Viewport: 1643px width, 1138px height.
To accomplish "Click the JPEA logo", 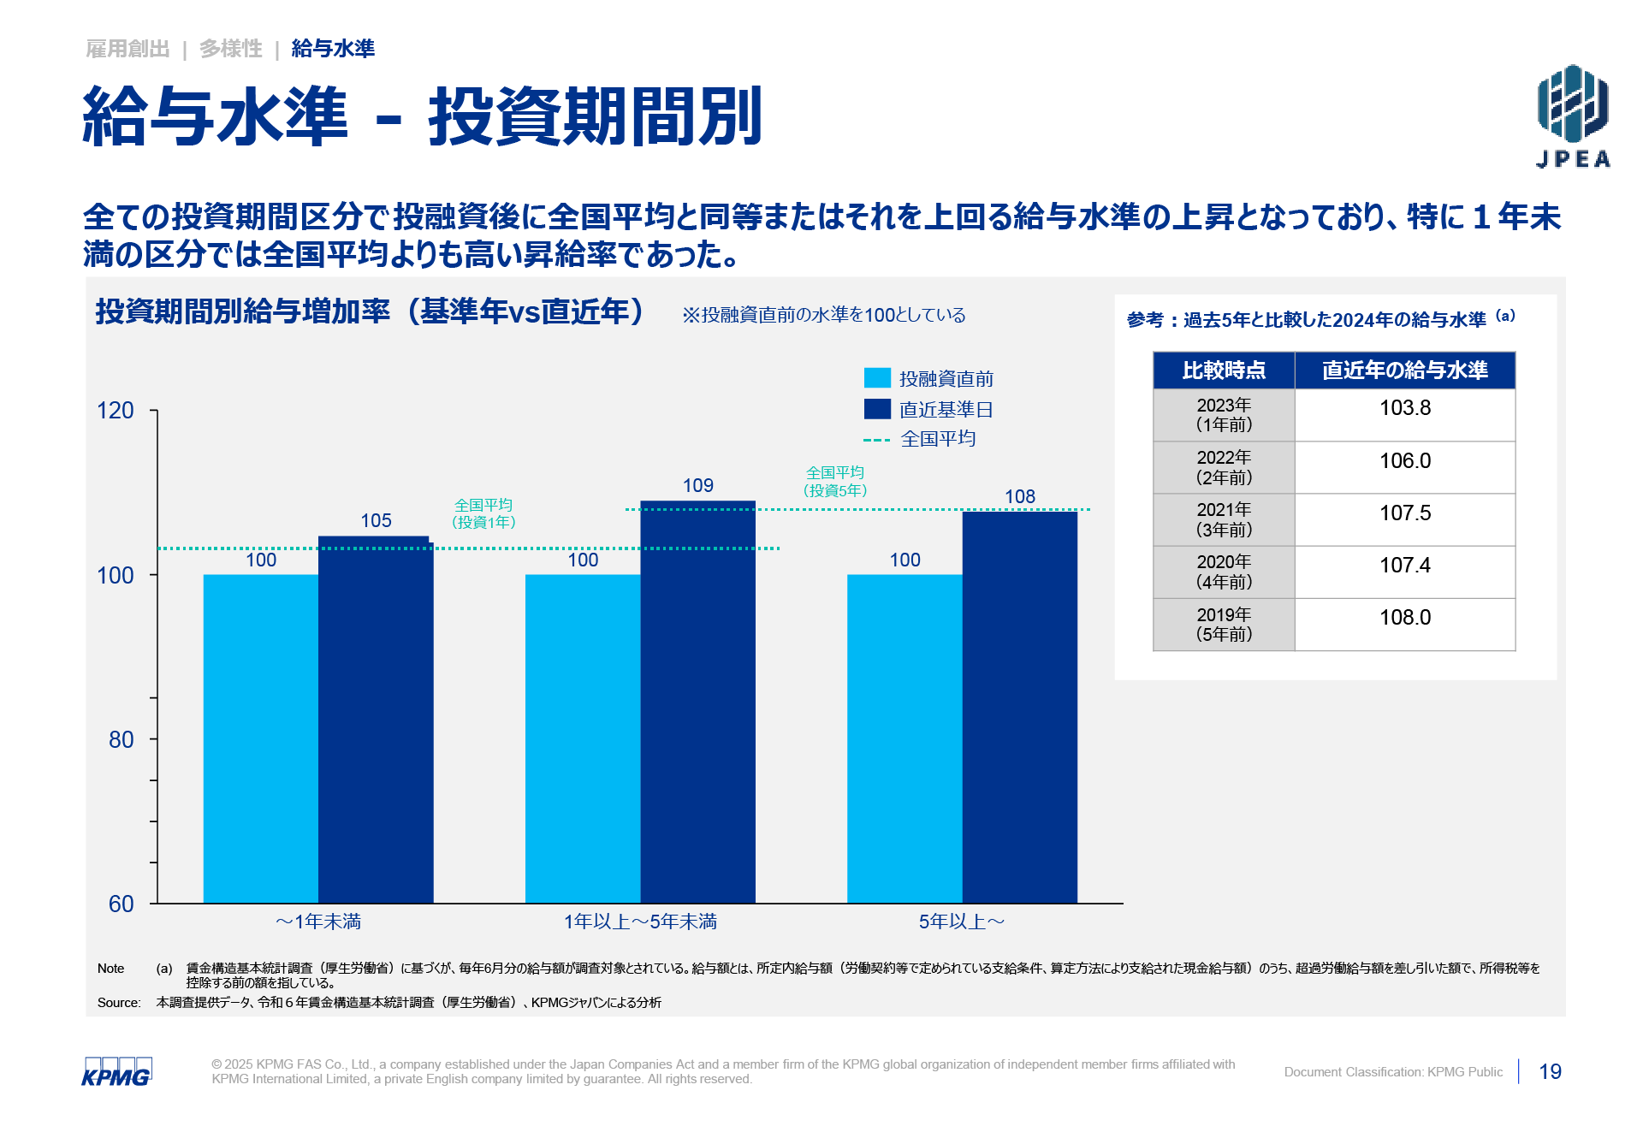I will tap(1573, 116).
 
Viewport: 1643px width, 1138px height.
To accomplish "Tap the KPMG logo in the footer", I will tap(116, 1072).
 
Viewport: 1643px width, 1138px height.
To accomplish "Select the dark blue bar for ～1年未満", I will tap(376, 719).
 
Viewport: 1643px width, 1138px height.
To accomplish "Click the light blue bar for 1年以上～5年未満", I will tap(583, 738).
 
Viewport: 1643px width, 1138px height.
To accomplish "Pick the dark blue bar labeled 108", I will tap(1019, 707).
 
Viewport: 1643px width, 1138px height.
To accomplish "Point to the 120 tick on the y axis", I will tap(116, 411).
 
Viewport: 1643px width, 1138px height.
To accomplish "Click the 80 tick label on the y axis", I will tap(121, 740).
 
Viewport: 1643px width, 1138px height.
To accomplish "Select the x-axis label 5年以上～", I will tap(961, 922).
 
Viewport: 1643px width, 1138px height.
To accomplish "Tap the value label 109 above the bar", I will tap(697, 486).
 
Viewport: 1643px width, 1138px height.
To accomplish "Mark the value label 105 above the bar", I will tap(376, 521).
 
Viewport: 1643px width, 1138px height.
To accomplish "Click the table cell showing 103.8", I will tap(1404, 408).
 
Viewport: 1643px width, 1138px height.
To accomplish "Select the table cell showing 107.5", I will tap(1404, 513).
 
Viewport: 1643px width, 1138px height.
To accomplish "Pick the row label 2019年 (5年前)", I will tap(1224, 625).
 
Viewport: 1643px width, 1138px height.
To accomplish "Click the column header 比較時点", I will tap(1224, 370).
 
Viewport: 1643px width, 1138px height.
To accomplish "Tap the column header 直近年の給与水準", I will tap(1404, 370).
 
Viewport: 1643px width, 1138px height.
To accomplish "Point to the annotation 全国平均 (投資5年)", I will tap(835, 482).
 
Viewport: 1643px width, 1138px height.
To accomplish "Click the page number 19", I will tap(1550, 1072).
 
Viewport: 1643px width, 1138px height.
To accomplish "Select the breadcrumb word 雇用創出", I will tap(128, 49).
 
